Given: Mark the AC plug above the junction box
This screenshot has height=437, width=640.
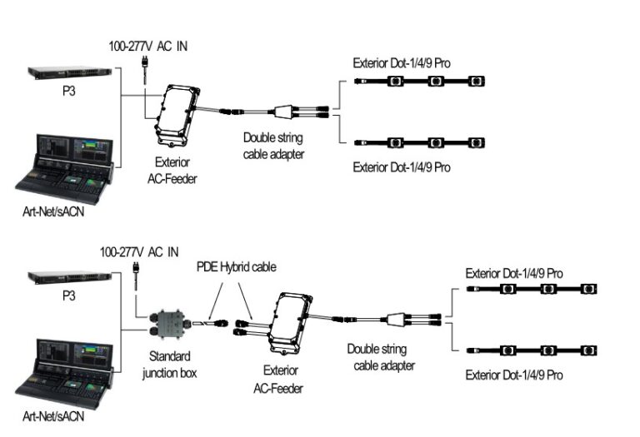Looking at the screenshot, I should tap(135, 271).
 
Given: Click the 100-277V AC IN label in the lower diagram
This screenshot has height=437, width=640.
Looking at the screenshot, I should tap(138, 251).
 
